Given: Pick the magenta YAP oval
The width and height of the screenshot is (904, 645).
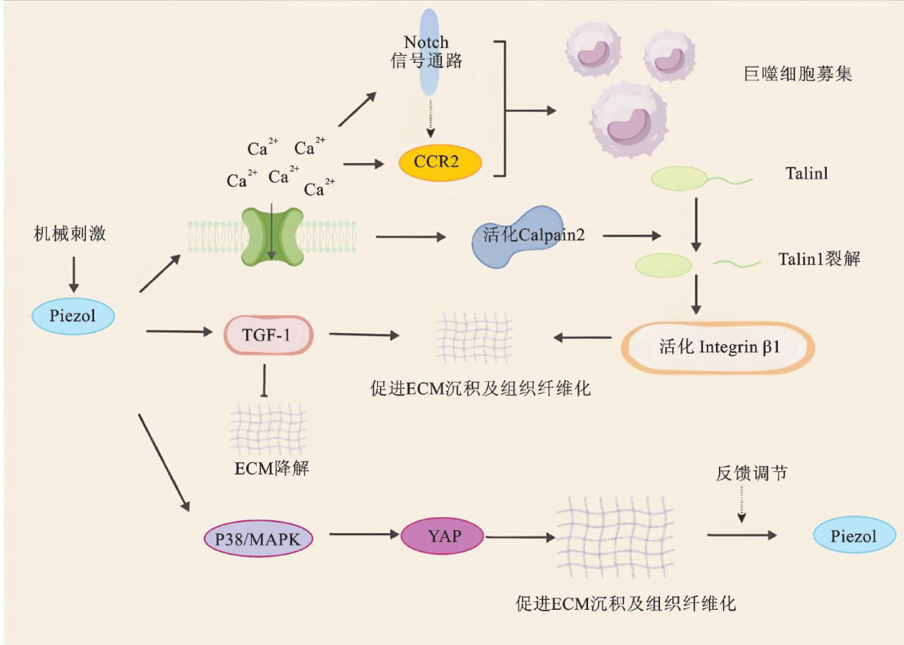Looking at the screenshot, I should (443, 536).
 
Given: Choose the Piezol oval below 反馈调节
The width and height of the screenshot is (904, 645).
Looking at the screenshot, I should (854, 536).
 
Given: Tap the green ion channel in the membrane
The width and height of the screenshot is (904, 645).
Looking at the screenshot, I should (272, 236).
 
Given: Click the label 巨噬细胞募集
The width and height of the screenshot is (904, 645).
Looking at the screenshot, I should (797, 75).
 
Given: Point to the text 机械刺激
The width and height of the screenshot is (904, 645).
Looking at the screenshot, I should (70, 233).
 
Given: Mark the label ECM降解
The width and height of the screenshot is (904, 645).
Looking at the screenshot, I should (272, 468).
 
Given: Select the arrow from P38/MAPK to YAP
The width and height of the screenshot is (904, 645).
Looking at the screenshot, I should (357, 536).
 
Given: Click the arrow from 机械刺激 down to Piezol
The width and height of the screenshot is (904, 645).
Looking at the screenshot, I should (73, 274).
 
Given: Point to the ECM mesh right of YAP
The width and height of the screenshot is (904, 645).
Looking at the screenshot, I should (613, 536).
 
